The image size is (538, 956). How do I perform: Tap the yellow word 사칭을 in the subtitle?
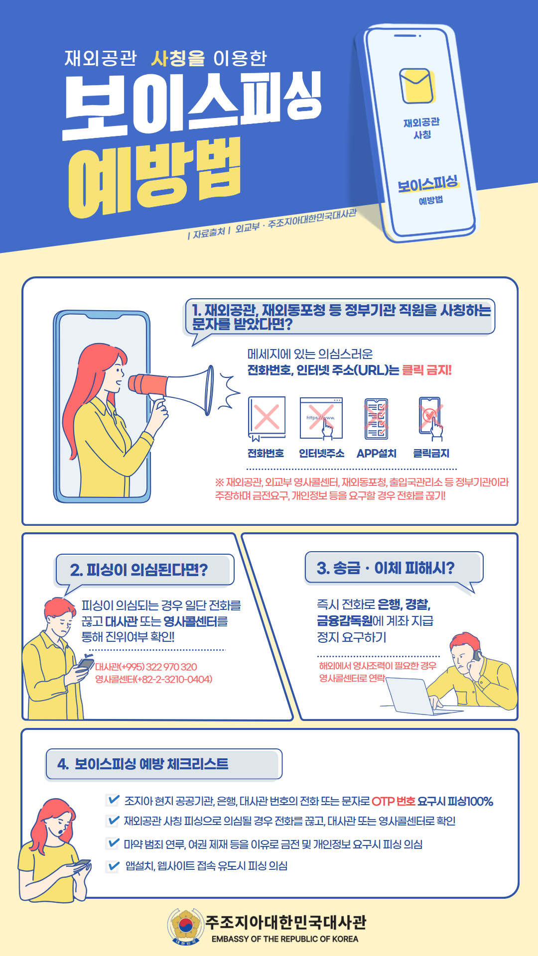pos(178,58)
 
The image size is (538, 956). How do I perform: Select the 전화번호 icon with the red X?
pos(267,418)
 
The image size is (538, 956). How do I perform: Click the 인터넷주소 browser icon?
pos(321,418)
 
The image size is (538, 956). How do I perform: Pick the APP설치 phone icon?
pos(376,419)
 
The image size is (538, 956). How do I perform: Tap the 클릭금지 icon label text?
pos(431,453)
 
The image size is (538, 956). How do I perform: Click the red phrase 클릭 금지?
pos(427,370)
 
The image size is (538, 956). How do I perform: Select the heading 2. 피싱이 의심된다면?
pos(139,570)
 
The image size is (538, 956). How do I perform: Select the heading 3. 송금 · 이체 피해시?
pos(386,568)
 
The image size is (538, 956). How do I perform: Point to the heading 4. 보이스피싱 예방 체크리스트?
pos(142,764)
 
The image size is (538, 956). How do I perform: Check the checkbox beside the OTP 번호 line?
pos(113,800)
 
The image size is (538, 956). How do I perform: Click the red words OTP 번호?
pos(394,801)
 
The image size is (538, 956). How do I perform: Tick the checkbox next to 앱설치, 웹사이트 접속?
pos(113,866)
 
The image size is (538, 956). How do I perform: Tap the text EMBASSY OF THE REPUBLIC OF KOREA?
pos(285,939)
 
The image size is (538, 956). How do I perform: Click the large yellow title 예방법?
pos(154,177)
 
